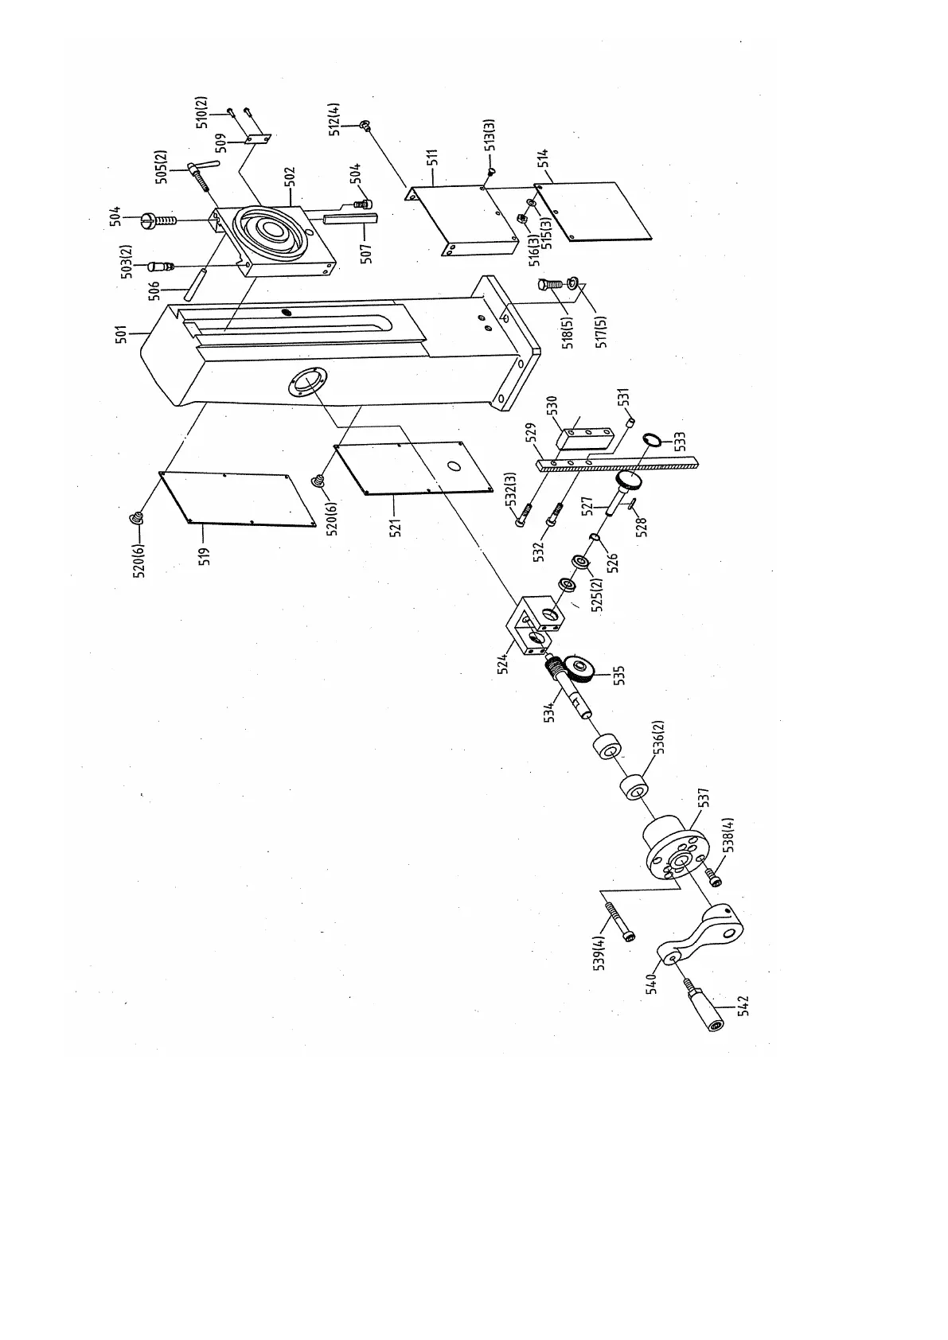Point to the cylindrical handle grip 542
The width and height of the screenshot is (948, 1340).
[x=707, y=1008]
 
